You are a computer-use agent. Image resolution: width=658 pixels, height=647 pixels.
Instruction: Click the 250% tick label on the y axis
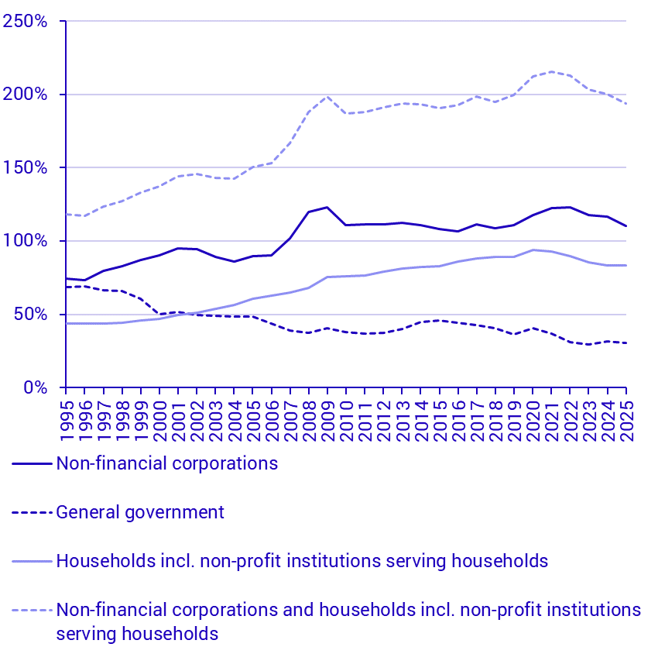tap(26, 22)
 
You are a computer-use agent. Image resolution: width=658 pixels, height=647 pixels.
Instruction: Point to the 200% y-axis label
tap(26, 95)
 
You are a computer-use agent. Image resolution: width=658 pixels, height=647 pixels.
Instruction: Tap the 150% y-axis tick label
tap(26, 168)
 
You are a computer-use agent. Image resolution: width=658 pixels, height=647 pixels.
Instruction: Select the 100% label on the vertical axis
tap(26, 241)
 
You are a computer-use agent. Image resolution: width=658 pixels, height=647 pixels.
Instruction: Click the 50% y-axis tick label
tap(30, 315)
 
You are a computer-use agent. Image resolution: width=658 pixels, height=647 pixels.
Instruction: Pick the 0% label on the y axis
tap(36, 387)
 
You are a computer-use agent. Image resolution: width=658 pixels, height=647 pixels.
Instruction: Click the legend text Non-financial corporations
tap(166, 464)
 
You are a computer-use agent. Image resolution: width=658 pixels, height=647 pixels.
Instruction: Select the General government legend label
tap(140, 512)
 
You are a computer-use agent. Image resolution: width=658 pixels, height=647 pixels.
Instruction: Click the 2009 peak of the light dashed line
tap(327, 97)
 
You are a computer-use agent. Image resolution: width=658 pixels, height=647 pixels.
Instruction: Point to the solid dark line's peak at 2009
tap(327, 207)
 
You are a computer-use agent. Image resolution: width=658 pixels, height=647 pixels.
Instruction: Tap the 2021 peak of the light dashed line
tap(551, 72)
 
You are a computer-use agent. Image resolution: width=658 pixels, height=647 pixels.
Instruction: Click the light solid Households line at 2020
tap(533, 250)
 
